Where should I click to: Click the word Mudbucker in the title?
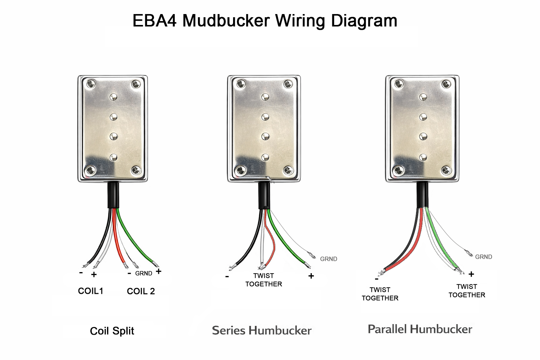click(226, 20)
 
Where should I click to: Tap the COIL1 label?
click(90, 291)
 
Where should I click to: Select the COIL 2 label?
click(141, 291)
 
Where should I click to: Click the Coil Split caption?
click(112, 331)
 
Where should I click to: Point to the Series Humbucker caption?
click(262, 330)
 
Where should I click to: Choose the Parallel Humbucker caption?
click(420, 329)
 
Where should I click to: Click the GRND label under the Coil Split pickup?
click(143, 274)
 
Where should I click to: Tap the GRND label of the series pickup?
click(328, 259)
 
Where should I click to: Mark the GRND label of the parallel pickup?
click(483, 257)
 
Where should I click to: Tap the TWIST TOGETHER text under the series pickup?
click(264, 280)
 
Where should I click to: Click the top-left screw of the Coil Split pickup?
click(91, 84)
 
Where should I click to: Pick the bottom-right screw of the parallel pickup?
click(446, 171)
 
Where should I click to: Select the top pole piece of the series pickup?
click(265, 97)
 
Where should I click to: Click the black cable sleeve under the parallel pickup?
click(423, 195)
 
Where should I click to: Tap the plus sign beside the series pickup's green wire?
click(311, 276)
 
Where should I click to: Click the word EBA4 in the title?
click(154, 20)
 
